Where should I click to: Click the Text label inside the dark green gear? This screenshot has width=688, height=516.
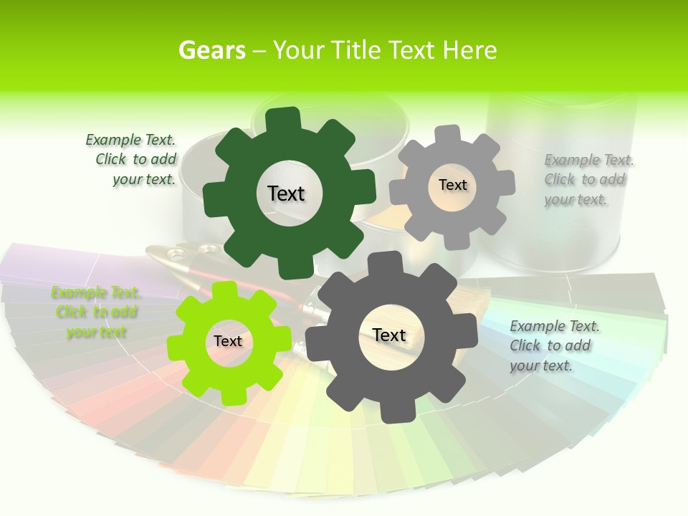pos(286,193)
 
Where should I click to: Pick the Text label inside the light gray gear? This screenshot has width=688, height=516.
pos(452,185)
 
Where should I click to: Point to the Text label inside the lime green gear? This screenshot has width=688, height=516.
pos(228,341)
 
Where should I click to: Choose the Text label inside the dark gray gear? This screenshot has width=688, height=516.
pos(389,335)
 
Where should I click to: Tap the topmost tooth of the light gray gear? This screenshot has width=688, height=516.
pos(448,135)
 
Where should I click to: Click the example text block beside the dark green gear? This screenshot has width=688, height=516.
pos(131,160)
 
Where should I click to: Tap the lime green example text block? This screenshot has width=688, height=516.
pos(96,312)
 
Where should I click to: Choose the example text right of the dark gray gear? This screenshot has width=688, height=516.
pos(555,345)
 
